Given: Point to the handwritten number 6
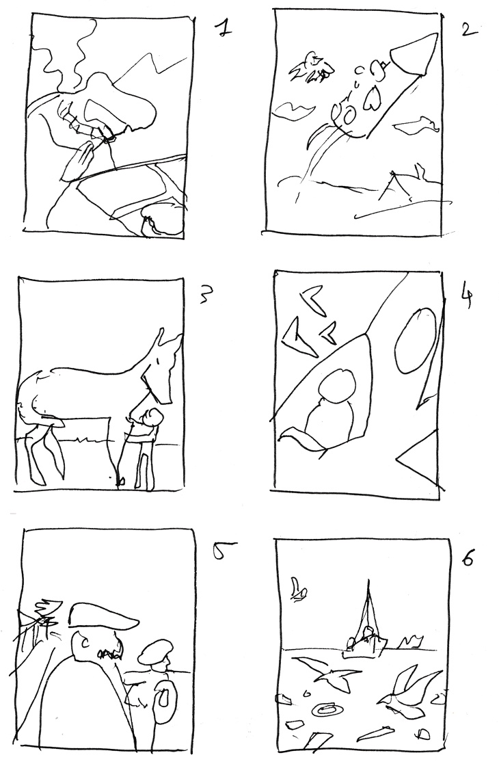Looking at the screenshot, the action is tap(468, 556).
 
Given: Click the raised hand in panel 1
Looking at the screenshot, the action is tap(78, 161).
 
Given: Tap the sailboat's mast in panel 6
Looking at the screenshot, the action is tap(369, 607).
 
